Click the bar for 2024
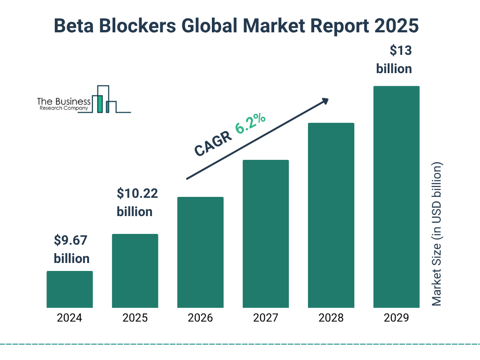pyautogui.click(x=69, y=289)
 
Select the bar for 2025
pyautogui.click(x=135, y=271)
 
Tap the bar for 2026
pyautogui.click(x=200, y=252)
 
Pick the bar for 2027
pyautogui.click(x=265, y=234)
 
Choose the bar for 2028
pyautogui.click(x=331, y=215)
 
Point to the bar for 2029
pyautogui.click(x=396, y=197)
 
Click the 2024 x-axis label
pyautogui.click(x=69, y=318)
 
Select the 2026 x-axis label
pyautogui.click(x=200, y=318)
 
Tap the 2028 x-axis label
pyautogui.click(x=331, y=318)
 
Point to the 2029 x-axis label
pyautogui.click(x=396, y=318)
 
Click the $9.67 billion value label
pyautogui.click(x=71, y=249)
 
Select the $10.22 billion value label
pyautogui.click(x=136, y=202)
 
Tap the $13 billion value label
pyautogui.click(x=394, y=60)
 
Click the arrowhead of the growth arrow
pyautogui.click(x=324, y=100)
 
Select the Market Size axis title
pyautogui.click(x=437, y=234)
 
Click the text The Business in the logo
pyautogui.click(x=64, y=101)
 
